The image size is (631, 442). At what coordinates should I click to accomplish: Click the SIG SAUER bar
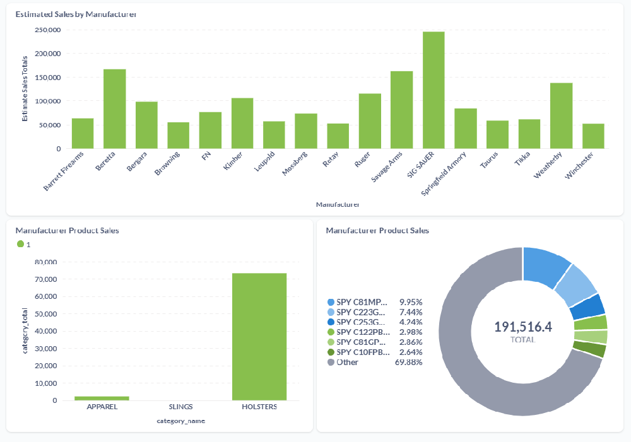(433, 90)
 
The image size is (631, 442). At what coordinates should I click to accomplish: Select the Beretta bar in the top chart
(115, 109)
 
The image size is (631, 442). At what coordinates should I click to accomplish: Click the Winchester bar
(593, 136)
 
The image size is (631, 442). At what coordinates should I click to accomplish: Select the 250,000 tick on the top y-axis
(48, 30)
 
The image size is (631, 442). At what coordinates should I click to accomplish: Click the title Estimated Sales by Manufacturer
(75, 14)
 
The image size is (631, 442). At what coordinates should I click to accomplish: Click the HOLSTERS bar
(259, 337)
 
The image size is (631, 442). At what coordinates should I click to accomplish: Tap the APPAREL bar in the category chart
(102, 398)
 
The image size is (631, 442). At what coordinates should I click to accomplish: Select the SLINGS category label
(180, 407)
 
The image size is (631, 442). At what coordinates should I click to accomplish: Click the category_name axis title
(180, 421)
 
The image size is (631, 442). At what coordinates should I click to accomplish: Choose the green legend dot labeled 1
(20, 244)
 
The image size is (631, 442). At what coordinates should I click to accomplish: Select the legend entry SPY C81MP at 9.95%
(363, 302)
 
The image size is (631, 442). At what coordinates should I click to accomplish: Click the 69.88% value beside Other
(408, 363)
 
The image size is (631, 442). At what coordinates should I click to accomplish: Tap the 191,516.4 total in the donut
(523, 327)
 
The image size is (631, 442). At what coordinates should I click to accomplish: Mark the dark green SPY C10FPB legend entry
(363, 352)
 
